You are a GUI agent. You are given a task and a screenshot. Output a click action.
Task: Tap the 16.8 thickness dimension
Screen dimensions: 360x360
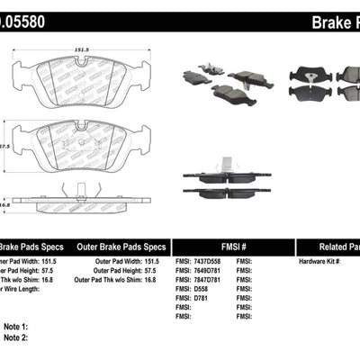[4, 204]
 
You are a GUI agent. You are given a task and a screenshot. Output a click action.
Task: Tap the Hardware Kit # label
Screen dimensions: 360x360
[319, 261]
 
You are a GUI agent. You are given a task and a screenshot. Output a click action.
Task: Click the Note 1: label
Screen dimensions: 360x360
[16, 328]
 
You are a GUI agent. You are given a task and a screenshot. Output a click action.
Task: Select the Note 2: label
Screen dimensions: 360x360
[16, 338]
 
